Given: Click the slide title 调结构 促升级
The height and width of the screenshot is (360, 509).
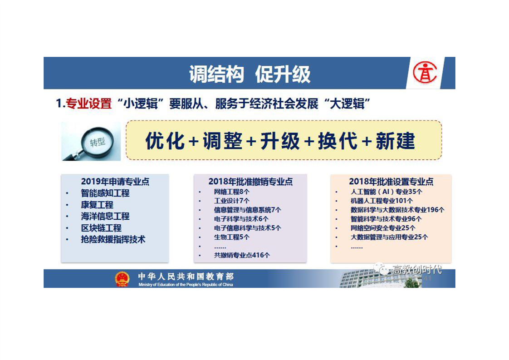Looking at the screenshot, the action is point(250,74).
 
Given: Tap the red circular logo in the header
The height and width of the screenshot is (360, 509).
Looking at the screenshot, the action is point(425,73).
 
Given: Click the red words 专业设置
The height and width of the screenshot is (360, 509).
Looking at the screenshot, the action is point(89,104).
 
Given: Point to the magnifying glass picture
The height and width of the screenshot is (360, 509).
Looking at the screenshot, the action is point(91,141).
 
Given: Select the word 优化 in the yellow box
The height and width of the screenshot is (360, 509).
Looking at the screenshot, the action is point(165,141).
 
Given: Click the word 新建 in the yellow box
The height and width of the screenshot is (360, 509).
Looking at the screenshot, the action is point(395,141).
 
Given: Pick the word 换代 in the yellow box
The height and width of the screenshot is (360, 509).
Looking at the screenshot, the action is point(338,141).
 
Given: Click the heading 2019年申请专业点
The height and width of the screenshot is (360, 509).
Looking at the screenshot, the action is point(115,181).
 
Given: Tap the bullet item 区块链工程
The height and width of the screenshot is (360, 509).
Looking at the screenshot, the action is point(101,228).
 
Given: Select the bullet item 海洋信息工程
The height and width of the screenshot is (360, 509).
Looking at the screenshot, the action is point(105,216).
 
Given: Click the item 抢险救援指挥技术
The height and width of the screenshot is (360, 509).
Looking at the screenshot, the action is point(113,239).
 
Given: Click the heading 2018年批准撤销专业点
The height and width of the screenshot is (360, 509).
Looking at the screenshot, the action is point(250,181).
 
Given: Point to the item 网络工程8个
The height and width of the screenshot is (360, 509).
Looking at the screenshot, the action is point(231,192).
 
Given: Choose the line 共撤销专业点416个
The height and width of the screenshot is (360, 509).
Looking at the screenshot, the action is point(242,256).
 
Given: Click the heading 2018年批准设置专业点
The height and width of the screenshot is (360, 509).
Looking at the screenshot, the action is point(391,181).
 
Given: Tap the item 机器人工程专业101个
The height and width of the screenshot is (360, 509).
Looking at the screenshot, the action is point(382,201).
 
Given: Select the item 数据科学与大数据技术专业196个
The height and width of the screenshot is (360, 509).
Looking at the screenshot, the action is point(397,210).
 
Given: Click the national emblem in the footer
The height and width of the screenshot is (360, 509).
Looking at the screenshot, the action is point(122,279).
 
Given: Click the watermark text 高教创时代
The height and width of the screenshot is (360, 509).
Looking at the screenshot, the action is point(417,269).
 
